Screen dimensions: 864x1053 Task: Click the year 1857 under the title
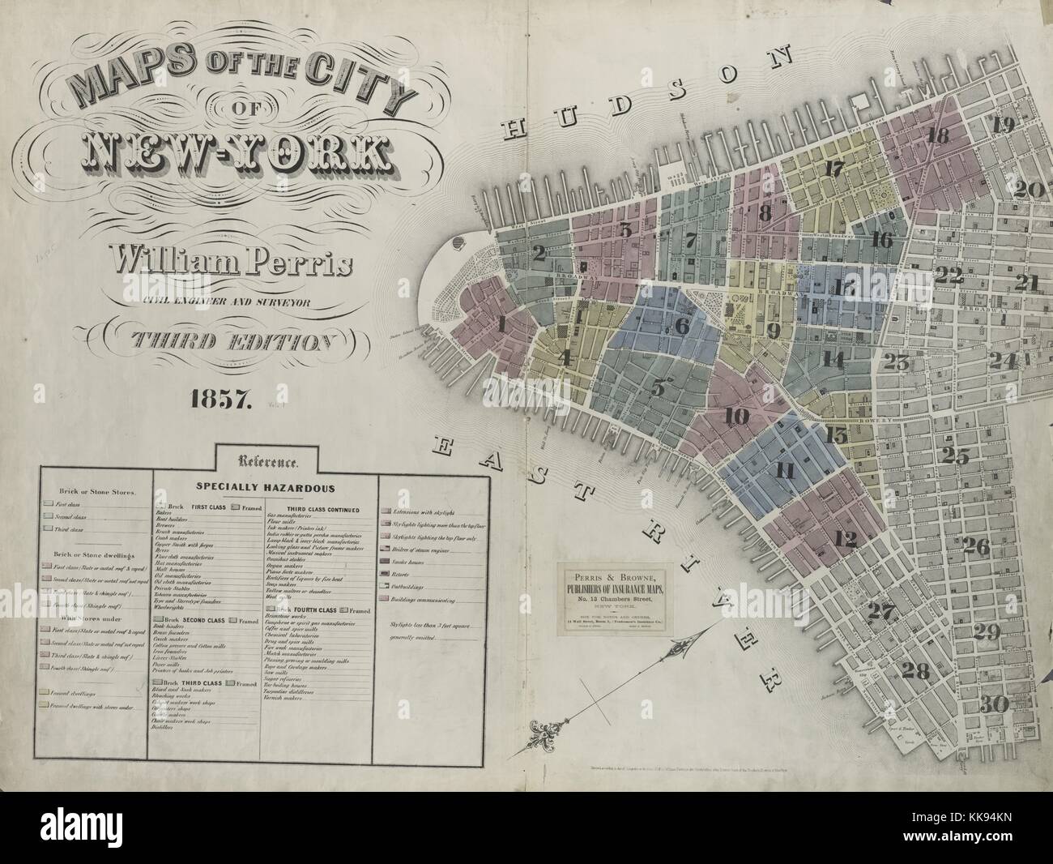pos(222,398)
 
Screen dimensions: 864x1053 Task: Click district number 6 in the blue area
pos(681,326)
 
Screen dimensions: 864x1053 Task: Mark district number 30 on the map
pos(997,704)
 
